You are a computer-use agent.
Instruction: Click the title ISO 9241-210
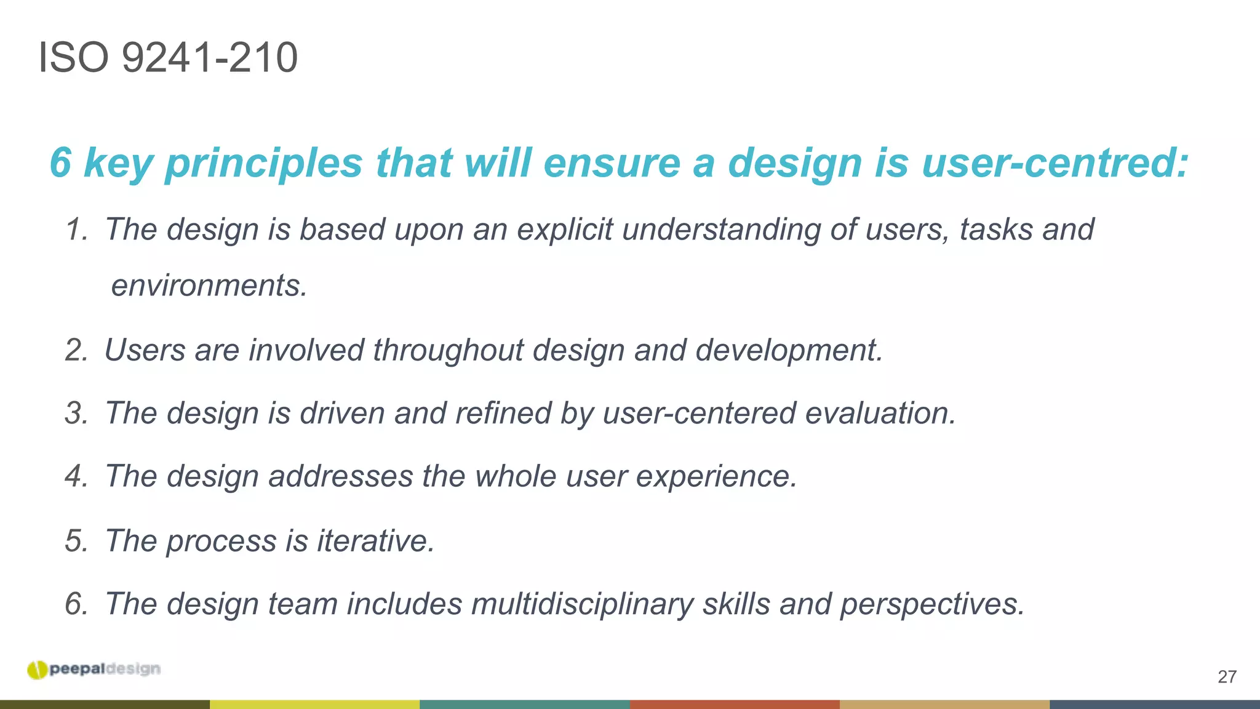coord(168,58)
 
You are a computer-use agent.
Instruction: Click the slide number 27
coord(1227,677)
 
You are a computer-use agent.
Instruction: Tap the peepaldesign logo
coord(94,670)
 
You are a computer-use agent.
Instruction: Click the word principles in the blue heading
coord(264,163)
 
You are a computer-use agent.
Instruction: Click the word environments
coord(209,286)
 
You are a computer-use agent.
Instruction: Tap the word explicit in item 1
coord(564,230)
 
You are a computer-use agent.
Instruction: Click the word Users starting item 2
coord(145,350)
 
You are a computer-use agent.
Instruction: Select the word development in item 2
coord(789,350)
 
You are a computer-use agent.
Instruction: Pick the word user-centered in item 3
coord(699,413)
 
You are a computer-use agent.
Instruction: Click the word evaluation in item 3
coord(880,413)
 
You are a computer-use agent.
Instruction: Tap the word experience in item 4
coord(716,476)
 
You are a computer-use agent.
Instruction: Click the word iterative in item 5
coord(375,541)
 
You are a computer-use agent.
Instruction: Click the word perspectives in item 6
coord(931,604)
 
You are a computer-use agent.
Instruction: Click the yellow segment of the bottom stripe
coord(314,704)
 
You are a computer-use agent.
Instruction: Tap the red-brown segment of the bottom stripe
coord(735,704)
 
